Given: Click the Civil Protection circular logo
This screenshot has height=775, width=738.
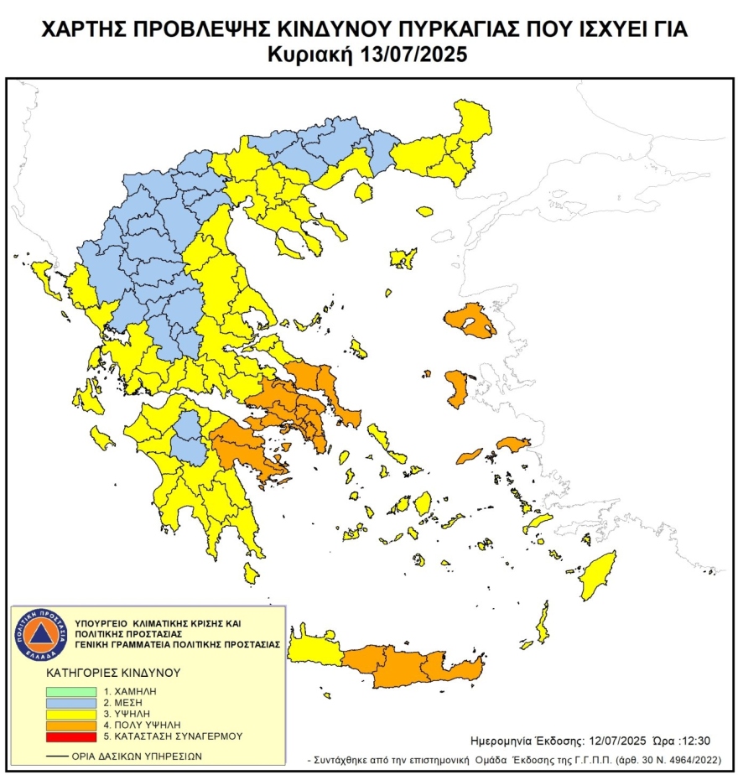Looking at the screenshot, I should pyautogui.click(x=37, y=633).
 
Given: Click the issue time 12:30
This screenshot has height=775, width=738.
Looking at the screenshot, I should pyautogui.click(x=696, y=741).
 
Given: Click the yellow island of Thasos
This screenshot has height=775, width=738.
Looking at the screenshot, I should pyautogui.click(x=363, y=192).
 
